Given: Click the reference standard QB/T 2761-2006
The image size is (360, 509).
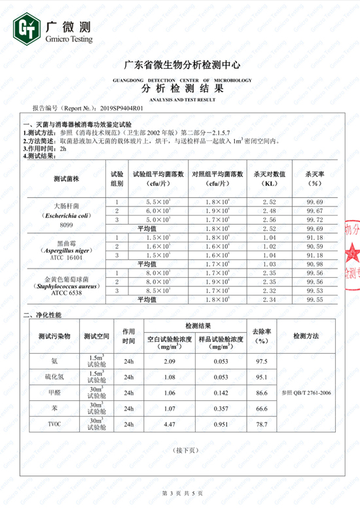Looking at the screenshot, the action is [x=306, y=392].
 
